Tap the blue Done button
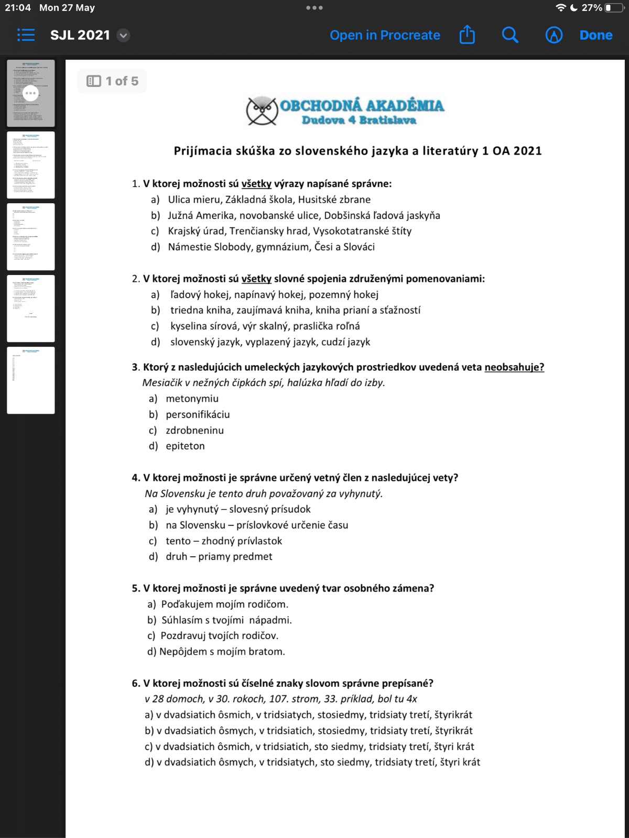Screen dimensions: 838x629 click(596, 35)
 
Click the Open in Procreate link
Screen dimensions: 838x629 click(385, 35)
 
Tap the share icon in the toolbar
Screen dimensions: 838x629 click(467, 35)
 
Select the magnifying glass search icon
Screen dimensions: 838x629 click(510, 35)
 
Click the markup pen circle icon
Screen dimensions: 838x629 click(554, 35)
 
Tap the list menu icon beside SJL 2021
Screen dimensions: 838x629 click(26, 35)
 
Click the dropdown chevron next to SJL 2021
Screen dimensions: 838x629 click(123, 36)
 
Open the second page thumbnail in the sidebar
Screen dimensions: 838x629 click(31, 165)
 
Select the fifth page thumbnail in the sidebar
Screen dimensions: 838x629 click(31, 380)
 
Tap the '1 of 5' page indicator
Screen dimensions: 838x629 click(113, 81)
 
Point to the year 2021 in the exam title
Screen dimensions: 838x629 click(527, 151)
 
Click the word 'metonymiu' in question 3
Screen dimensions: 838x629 click(192, 399)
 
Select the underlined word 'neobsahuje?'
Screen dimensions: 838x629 click(514, 367)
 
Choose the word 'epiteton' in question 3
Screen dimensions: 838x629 click(185, 446)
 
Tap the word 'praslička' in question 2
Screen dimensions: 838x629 click(314, 326)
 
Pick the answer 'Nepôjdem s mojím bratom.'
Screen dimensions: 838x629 click(222, 652)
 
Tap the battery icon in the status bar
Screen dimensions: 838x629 click(614, 8)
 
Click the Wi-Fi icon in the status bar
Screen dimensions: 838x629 click(561, 8)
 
